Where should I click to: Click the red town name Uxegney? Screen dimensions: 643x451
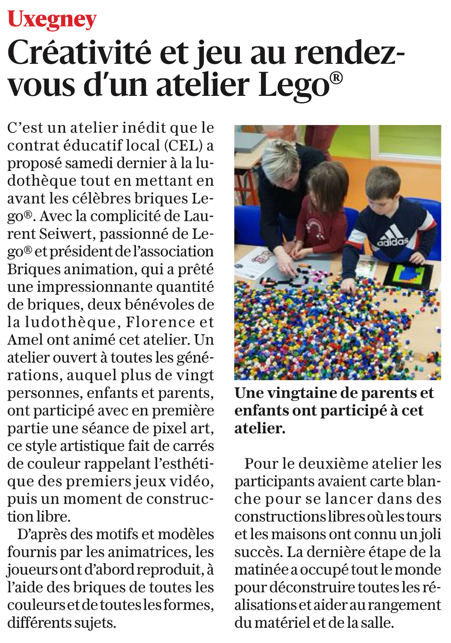coord(52,19)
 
